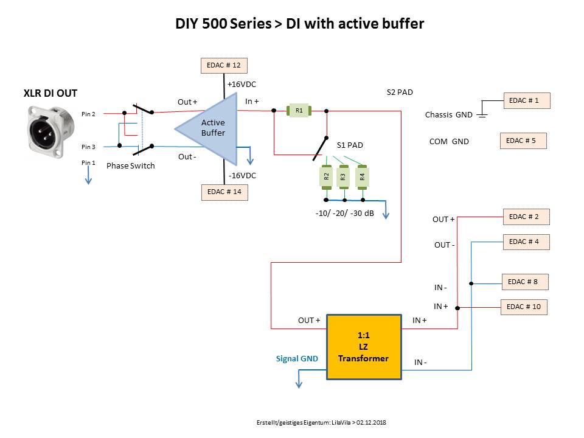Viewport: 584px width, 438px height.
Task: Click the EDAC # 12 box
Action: point(224,66)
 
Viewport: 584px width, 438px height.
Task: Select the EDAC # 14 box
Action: point(224,192)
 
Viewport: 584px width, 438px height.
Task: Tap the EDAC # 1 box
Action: point(527,100)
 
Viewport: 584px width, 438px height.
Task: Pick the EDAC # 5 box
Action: point(523,141)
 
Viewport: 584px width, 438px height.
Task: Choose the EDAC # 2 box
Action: point(527,217)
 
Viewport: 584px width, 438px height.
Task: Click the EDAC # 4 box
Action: point(526,242)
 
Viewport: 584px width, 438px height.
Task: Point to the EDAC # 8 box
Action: point(525,282)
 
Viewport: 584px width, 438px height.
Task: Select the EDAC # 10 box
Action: point(524,307)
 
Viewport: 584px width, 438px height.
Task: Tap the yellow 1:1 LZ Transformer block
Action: point(364,347)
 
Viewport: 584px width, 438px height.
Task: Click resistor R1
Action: point(299,111)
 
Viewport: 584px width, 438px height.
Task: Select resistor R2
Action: point(326,177)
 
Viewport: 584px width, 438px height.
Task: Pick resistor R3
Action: point(344,177)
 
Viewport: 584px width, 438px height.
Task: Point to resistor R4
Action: point(363,177)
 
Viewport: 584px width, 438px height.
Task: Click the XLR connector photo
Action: point(50,131)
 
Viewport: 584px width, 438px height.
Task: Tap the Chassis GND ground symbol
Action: point(482,113)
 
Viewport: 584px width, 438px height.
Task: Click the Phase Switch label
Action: point(131,165)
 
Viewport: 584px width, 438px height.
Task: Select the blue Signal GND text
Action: point(297,359)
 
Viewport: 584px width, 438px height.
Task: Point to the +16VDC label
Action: point(242,85)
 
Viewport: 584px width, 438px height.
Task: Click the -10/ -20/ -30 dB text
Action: point(344,214)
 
